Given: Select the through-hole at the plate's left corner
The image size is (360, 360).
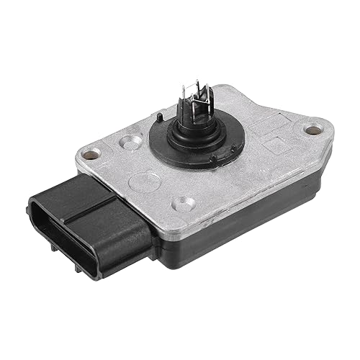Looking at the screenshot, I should pyautogui.click(x=91, y=153).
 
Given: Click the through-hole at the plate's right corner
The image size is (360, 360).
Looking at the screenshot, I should pyautogui.click(x=311, y=130).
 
